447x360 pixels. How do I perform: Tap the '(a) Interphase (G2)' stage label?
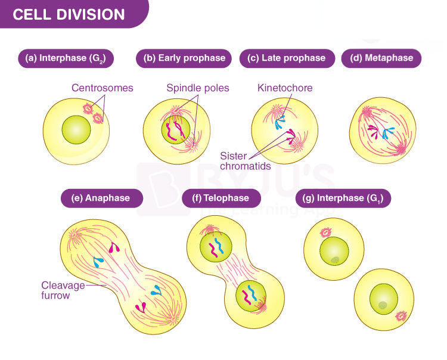[x=66, y=58]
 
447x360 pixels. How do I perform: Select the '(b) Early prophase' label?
[x=184, y=58]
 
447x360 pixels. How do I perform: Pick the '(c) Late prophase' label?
[x=287, y=58]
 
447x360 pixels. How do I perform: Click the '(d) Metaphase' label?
[x=381, y=58]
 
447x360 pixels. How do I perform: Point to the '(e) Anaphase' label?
[x=102, y=198]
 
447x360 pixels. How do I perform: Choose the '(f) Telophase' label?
[x=221, y=198]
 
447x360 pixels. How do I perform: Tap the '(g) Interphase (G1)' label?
[x=343, y=198]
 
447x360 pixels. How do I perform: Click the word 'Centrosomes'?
[x=103, y=88]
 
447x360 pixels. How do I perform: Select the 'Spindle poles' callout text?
[x=198, y=88]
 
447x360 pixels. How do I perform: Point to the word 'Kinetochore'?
[x=285, y=88]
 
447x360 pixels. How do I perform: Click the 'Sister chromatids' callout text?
[x=246, y=161]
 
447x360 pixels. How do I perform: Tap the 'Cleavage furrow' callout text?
[x=63, y=290]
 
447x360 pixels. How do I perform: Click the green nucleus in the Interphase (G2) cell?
[x=76, y=130]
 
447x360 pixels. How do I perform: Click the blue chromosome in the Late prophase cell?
[x=280, y=123]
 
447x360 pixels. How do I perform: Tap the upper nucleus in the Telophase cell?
[x=216, y=246]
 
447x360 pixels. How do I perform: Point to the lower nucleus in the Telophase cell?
[x=251, y=296]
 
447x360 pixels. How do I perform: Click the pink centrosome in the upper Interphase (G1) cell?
[x=325, y=232]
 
